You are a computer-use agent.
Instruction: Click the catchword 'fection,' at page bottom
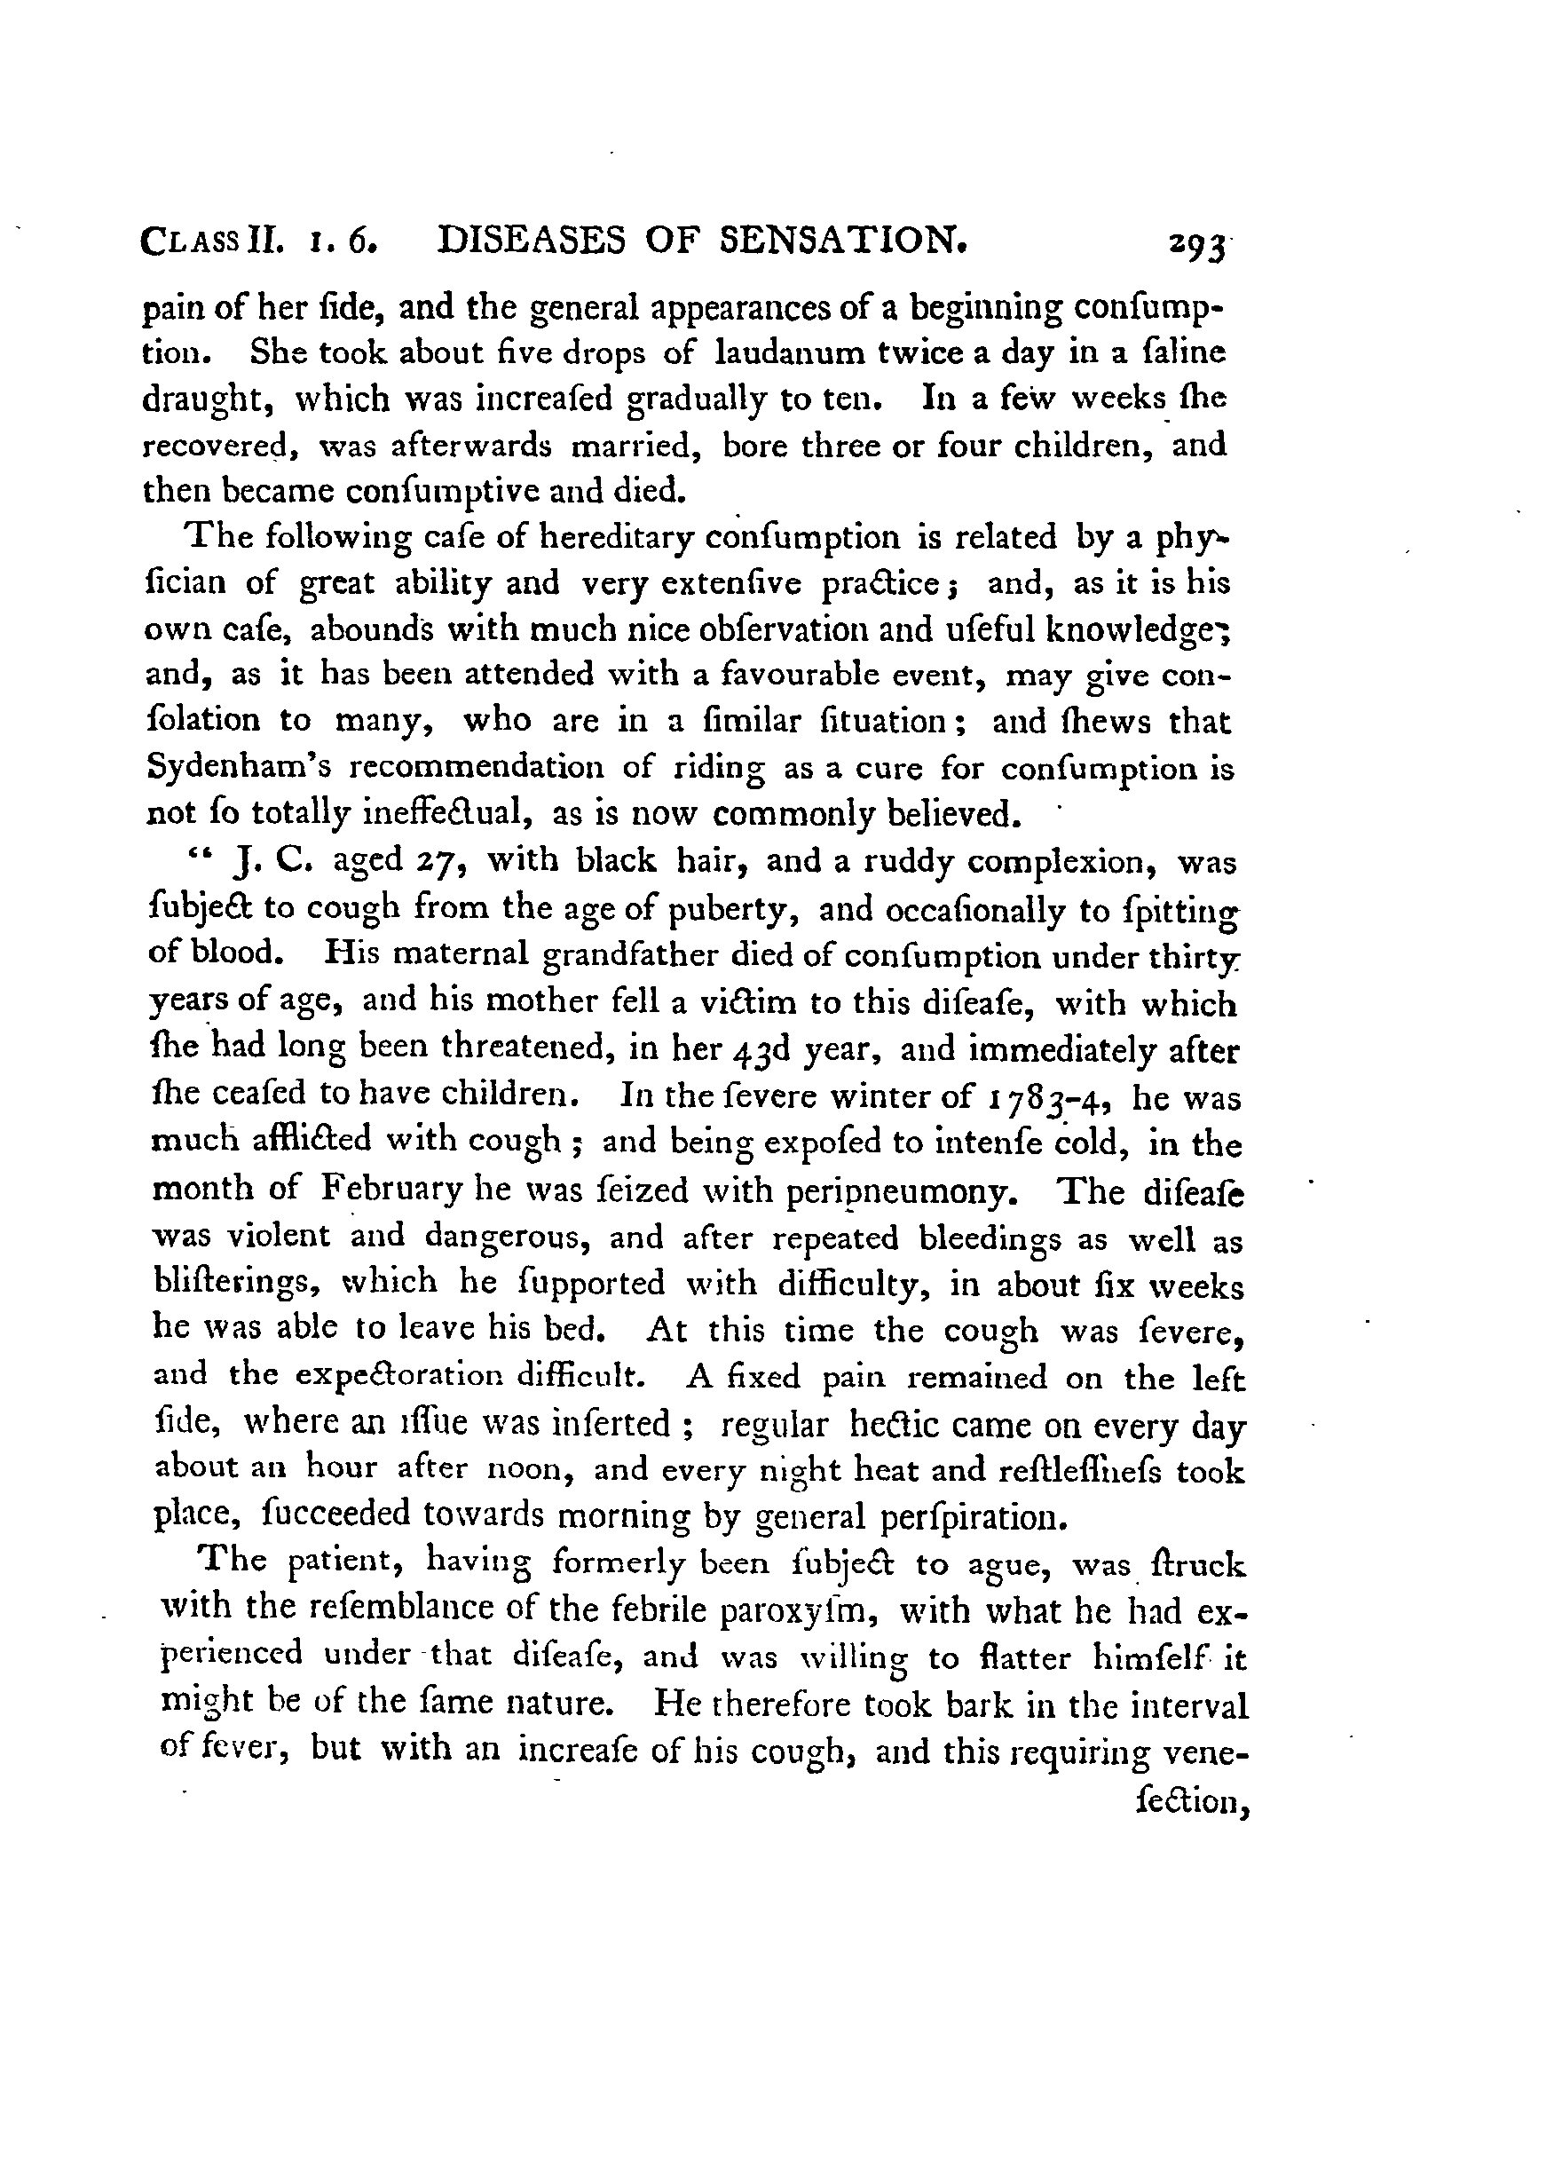click(1192, 1800)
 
